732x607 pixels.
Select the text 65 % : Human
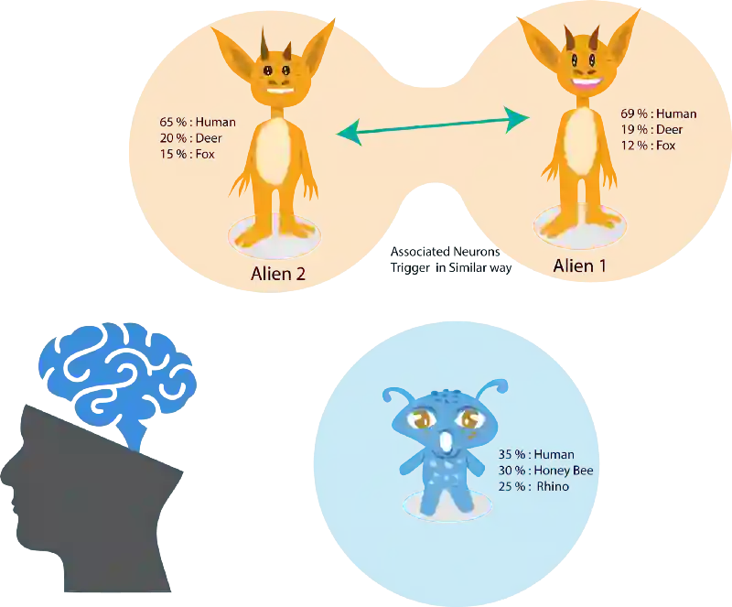[197, 122]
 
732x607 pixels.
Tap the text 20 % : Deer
[190, 138]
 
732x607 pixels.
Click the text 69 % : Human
[658, 114]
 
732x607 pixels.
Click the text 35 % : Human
[536, 455]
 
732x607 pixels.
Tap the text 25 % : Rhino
[533, 486]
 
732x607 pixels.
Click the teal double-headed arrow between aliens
[433, 125]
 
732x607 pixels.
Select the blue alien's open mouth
[447, 442]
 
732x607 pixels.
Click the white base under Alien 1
[573, 221]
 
